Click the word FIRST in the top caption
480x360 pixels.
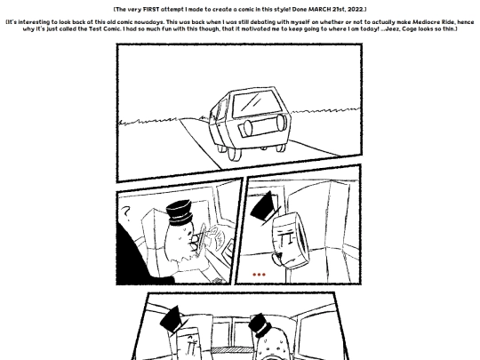[x=151, y=9]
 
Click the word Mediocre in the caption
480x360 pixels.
[x=426, y=22]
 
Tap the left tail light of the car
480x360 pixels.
[x=247, y=128]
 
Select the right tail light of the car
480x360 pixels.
[x=281, y=123]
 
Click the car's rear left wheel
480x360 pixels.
[x=234, y=154]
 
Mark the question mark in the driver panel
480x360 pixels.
[x=126, y=213]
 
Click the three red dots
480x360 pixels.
[x=259, y=275]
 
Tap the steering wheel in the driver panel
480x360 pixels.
[x=201, y=239]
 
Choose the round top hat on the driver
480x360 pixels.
[x=180, y=212]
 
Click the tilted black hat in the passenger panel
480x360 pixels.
[x=264, y=206]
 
